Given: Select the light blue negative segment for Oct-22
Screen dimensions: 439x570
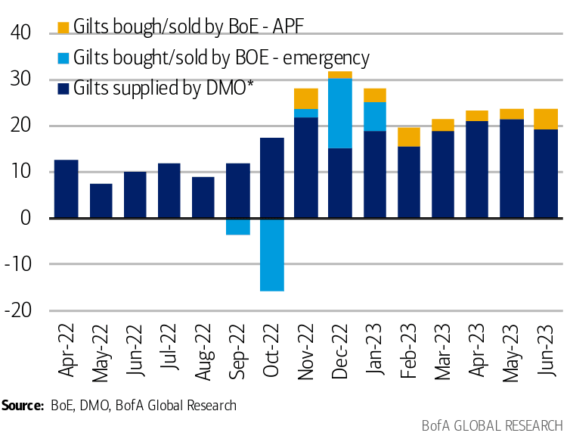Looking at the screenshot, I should (x=271, y=254).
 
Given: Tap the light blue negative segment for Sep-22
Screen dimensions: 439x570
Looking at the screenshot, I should (x=237, y=226).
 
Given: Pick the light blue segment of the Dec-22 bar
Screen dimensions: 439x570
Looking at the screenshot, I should (x=339, y=113).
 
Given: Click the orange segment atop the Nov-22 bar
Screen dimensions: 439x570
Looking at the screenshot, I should (x=305, y=98).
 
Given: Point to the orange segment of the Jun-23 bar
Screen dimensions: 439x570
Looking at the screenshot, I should (x=545, y=119).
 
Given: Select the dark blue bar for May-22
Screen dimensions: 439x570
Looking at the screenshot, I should (x=101, y=201).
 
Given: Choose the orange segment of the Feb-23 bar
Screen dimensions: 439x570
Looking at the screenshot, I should (x=408, y=137).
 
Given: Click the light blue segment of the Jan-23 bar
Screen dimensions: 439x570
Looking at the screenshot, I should (x=373, y=117).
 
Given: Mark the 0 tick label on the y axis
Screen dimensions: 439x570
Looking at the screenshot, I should (x=25, y=218).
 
